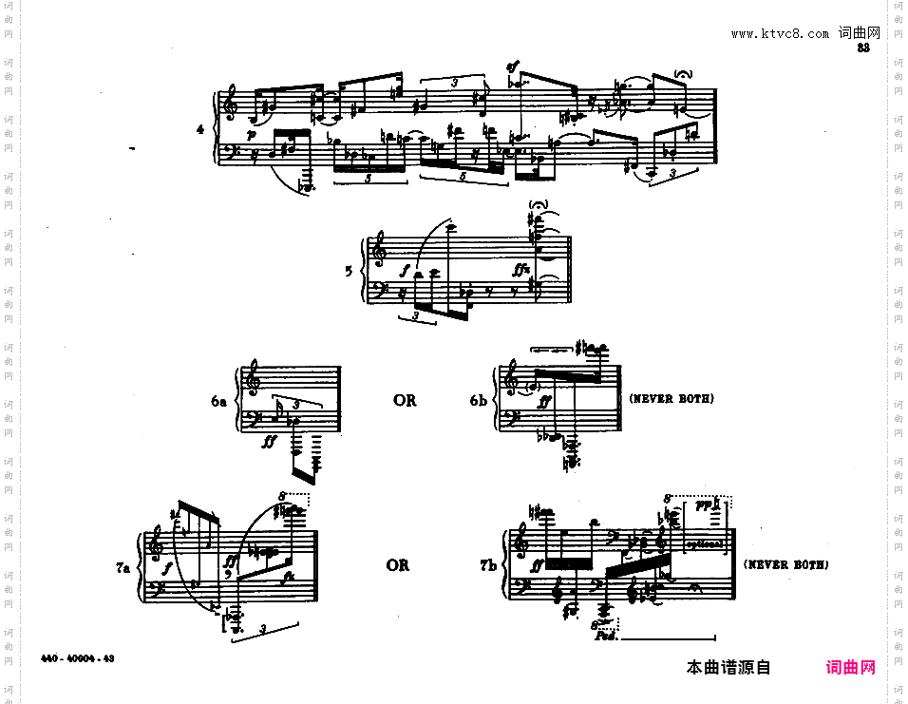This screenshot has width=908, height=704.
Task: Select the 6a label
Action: pos(219,401)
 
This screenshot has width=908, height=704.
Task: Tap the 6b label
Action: pos(479,401)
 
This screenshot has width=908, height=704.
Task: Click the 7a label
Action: pos(123,567)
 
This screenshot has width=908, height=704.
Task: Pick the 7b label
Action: pos(488,565)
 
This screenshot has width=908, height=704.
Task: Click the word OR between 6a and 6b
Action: pos(405,400)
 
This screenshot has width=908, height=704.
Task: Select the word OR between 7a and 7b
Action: pos(398,565)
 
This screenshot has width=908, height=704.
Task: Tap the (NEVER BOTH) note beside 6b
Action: pos(672,399)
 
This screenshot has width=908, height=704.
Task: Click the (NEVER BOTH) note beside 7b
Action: pos(785,564)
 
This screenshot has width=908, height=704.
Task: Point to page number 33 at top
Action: pos(863,48)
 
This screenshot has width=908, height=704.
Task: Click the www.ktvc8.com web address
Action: pos(780,33)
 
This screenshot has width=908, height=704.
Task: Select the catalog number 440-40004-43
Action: pos(78,657)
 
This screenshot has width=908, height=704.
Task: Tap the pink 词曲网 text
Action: pos(851,668)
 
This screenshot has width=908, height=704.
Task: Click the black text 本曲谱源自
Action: pos(728,668)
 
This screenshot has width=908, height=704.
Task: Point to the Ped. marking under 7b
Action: pos(606,637)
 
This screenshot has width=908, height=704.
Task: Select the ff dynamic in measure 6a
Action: pos(271,440)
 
